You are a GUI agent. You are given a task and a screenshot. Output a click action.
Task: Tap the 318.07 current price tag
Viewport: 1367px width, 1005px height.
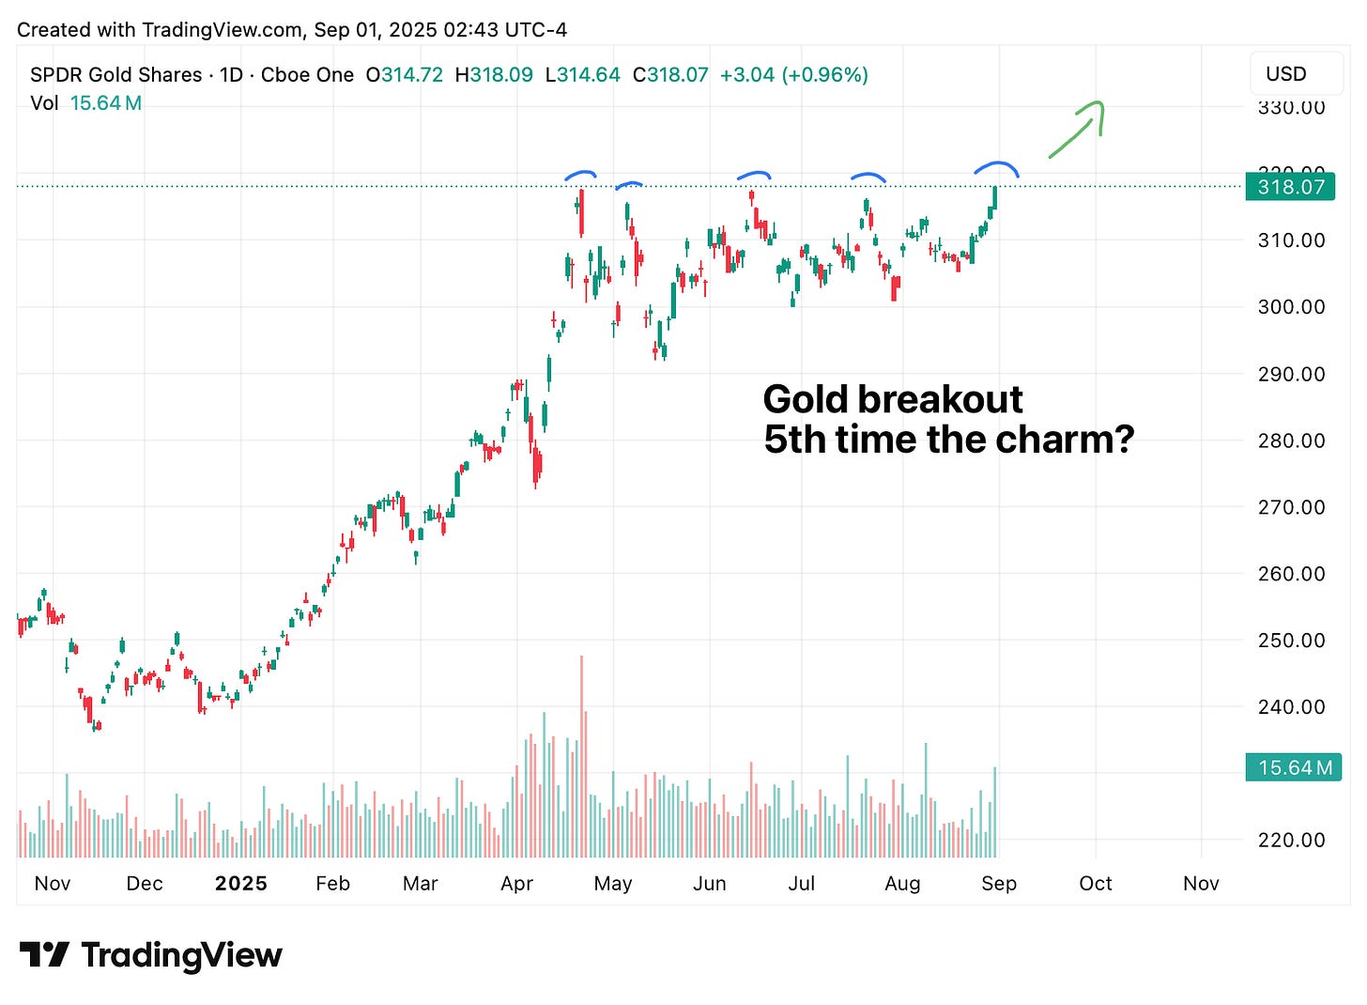(1290, 187)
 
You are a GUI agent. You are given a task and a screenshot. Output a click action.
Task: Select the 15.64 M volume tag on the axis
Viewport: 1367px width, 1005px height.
(1294, 767)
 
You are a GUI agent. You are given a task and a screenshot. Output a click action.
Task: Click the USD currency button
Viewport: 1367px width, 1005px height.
(1285, 73)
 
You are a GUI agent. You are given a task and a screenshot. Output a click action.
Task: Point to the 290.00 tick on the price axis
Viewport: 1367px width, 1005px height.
(1291, 374)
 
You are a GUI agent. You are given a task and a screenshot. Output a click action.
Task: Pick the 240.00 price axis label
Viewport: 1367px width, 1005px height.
(1291, 706)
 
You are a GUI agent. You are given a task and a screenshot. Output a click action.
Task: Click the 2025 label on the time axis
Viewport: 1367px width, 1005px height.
(240, 883)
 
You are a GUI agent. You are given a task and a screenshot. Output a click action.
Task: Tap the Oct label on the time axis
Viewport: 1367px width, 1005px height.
(1095, 883)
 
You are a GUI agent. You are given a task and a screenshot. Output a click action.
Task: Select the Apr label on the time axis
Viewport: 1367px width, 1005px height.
(516, 883)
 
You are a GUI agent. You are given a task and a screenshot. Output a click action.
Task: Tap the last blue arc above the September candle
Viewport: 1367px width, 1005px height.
(996, 168)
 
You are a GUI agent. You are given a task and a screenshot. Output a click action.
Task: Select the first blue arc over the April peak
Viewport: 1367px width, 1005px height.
(579, 174)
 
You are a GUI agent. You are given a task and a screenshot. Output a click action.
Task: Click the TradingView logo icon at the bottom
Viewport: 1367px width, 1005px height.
(43, 955)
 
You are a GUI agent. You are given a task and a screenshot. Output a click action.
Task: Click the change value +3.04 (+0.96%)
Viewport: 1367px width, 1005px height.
(793, 74)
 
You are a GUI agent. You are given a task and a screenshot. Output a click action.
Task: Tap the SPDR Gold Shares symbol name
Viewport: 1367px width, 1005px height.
(115, 74)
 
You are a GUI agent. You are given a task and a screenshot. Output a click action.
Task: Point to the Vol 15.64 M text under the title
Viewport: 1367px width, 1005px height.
(85, 102)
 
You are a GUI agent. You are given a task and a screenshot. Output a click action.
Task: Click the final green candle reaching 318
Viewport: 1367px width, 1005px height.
(993, 198)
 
